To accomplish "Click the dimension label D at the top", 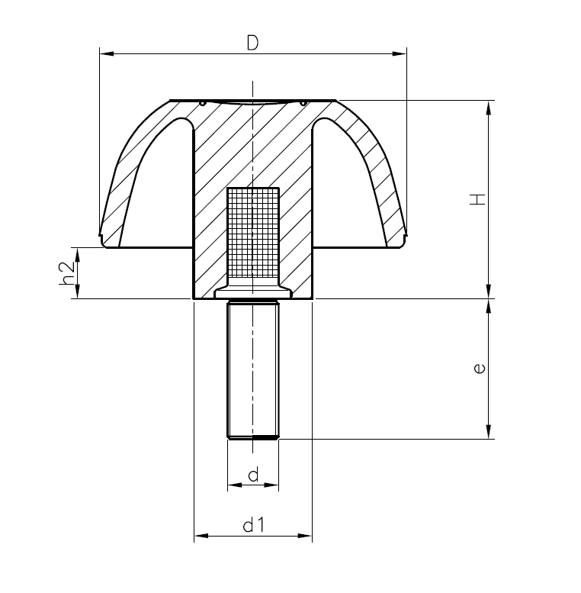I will (252, 44).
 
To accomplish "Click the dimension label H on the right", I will (477, 199).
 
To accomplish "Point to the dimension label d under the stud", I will (252, 475).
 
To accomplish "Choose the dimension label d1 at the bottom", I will (252, 525).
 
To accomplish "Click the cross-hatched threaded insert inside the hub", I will (252, 233).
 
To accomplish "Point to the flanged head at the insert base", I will (252, 292).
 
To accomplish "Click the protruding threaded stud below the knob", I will (252, 366).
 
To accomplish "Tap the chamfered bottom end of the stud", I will (252, 437).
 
